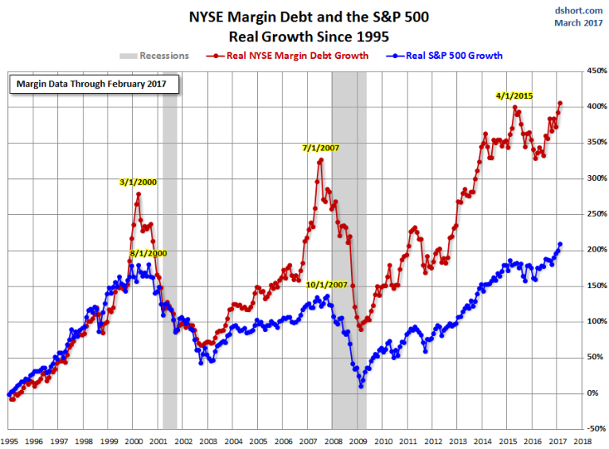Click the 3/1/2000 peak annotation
tap(138, 182)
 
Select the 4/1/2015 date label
tap(513, 96)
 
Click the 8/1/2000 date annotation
tap(150, 253)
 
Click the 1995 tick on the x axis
tap(10, 439)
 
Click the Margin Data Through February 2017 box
tap(94, 83)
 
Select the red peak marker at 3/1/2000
tap(139, 194)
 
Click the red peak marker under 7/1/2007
tap(321, 160)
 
